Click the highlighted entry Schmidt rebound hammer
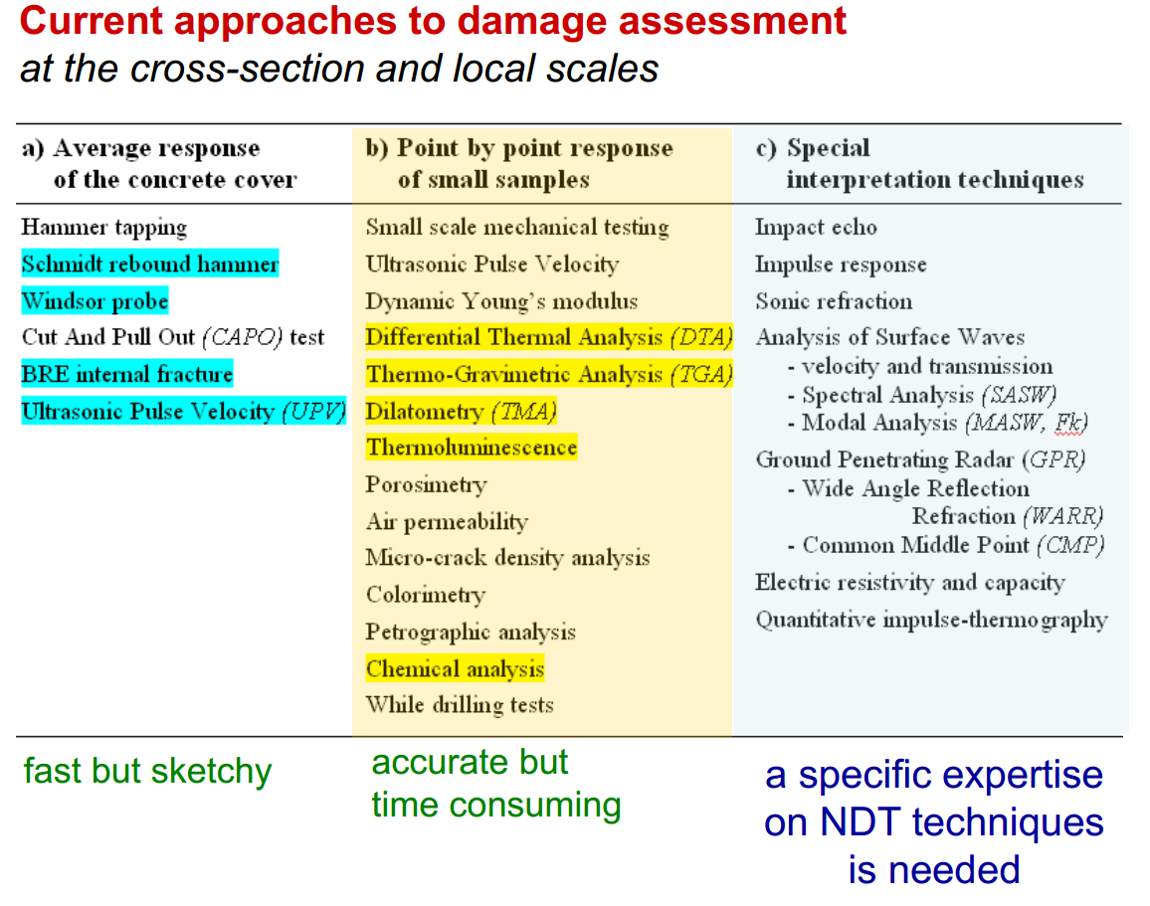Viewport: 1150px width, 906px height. [x=150, y=264]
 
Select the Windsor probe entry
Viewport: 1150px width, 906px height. [x=95, y=301]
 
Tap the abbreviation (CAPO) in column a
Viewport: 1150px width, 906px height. [x=243, y=337]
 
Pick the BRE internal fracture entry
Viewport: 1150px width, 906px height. [x=127, y=374]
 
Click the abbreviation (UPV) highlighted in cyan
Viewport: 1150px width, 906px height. [x=314, y=412]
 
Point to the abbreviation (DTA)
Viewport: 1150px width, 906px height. [x=702, y=337]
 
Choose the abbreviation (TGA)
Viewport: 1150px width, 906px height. [x=702, y=375]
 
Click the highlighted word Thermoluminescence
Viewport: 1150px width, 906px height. [x=472, y=448]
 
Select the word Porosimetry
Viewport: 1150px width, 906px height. [x=426, y=485]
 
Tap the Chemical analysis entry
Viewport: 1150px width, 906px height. [x=455, y=668]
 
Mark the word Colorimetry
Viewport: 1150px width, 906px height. [x=426, y=595]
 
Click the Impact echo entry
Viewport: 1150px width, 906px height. [x=816, y=227]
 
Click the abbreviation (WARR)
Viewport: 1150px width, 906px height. [x=1062, y=517]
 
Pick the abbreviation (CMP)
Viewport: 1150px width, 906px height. [x=1070, y=545]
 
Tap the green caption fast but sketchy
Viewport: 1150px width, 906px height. [x=147, y=771]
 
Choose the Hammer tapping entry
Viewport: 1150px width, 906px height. [x=104, y=228]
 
